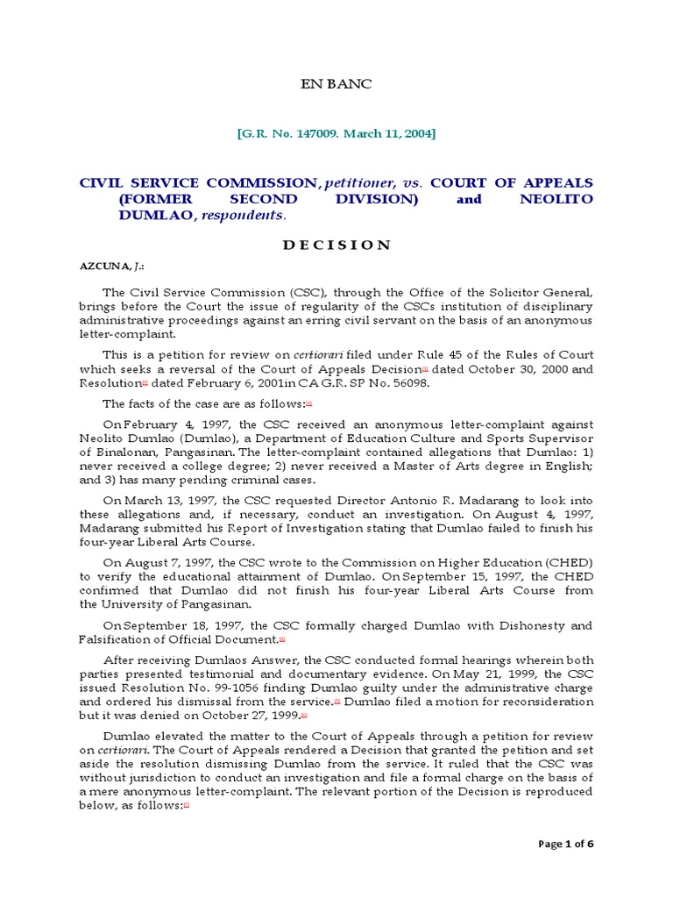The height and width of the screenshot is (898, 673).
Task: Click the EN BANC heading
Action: (336, 84)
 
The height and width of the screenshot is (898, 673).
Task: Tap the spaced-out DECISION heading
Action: (336, 245)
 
